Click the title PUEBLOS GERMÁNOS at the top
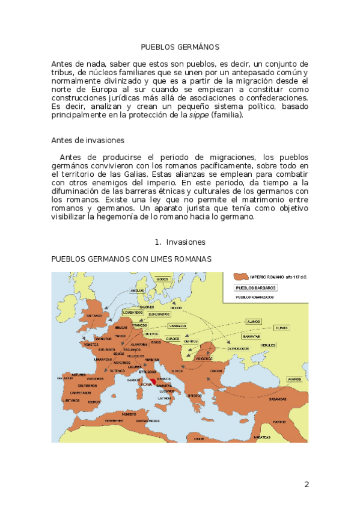(180, 47)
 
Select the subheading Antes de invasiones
(88, 141)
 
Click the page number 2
(307, 485)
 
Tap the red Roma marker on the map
(153, 381)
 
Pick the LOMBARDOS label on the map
(132, 313)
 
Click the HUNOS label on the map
(281, 328)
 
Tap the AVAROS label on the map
(294, 379)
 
